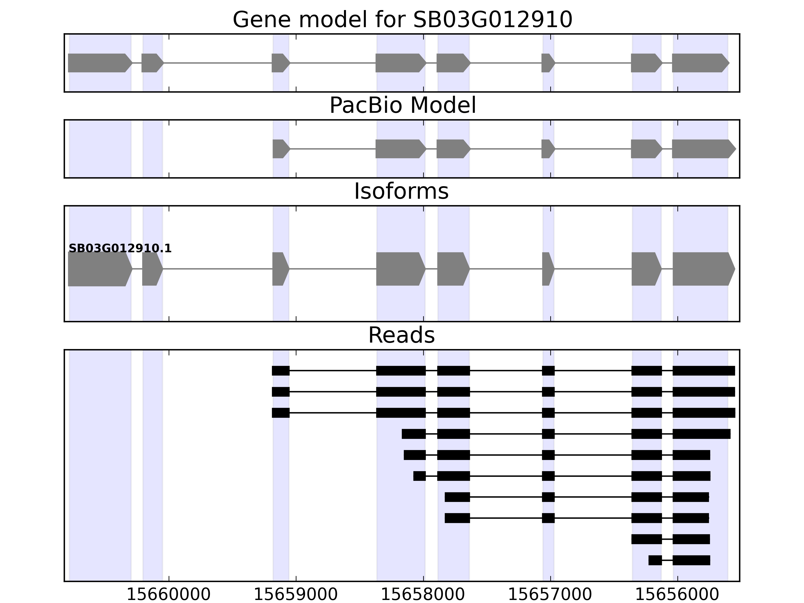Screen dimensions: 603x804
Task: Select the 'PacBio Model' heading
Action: [x=402, y=106]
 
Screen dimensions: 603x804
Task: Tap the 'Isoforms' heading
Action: [x=401, y=191]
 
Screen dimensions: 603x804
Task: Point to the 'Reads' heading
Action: [x=401, y=335]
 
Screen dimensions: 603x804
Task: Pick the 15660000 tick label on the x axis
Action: [x=168, y=595]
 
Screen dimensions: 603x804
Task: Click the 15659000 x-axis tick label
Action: [x=295, y=595]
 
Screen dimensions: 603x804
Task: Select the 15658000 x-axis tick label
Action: [x=423, y=595]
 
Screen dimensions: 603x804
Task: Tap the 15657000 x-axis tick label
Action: [x=550, y=595]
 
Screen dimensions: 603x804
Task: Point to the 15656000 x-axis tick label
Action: [x=677, y=595]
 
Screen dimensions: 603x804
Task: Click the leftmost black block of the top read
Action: [x=281, y=371]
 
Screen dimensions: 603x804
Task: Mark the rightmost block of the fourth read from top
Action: [x=701, y=434]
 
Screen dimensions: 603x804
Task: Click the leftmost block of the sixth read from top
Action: [x=419, y=476]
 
